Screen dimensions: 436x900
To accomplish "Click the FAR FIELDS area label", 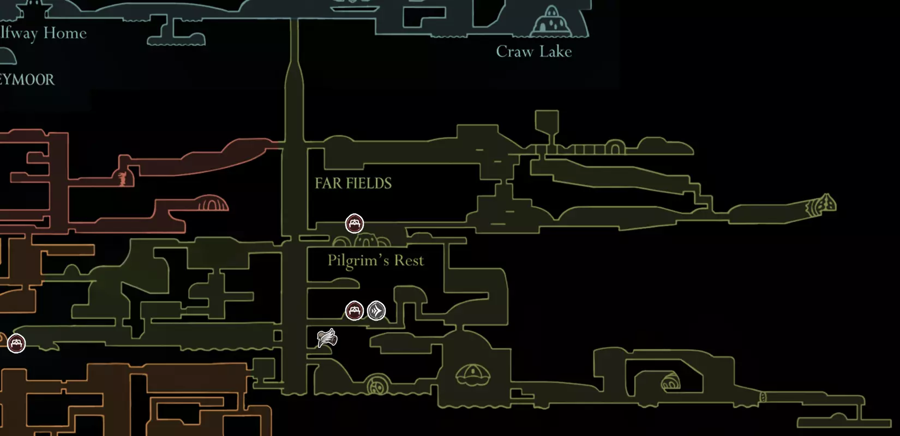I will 353,183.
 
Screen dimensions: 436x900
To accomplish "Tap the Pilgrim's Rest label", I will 375,261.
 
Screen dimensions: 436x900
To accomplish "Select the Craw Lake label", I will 533,51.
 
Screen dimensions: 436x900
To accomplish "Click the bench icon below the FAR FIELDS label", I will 355,223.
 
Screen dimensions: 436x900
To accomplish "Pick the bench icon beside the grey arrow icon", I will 355,311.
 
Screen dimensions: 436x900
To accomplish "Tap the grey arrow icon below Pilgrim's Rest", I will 376,311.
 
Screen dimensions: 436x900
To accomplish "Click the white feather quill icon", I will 327,338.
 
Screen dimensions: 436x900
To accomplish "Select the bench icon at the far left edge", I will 16,343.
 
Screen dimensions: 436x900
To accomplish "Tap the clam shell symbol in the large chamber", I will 473,375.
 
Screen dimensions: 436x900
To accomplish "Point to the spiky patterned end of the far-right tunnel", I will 823,205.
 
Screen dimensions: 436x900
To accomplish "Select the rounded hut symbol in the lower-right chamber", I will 670,382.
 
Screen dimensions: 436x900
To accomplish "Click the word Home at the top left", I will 65,33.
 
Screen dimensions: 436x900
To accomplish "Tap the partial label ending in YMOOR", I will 27,80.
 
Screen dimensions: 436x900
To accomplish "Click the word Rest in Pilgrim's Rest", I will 409,261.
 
